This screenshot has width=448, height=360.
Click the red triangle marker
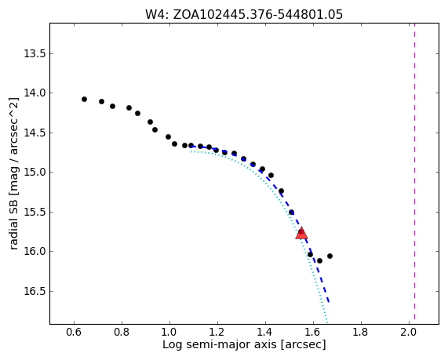(x=301, y=233)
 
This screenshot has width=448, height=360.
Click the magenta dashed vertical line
(x=414, y=172)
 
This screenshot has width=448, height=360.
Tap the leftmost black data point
(x=84, y=99)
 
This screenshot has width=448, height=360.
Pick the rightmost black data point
(x=330, y=256)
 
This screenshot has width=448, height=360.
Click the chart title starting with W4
(x=244, y=14)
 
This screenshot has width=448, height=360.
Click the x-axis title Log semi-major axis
(x=244, y=344)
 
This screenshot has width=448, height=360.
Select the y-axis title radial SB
(x=13, y=173)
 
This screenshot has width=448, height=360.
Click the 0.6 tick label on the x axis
(x=74, y=333)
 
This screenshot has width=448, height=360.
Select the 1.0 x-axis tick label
(x=169, y=333)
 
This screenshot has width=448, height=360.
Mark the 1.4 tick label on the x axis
(x=265, y=333)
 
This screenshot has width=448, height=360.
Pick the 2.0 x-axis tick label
(x=409, y=333)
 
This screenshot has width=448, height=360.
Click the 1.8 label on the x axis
(x=361, y=333)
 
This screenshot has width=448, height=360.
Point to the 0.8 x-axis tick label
(x=122, y=333)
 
